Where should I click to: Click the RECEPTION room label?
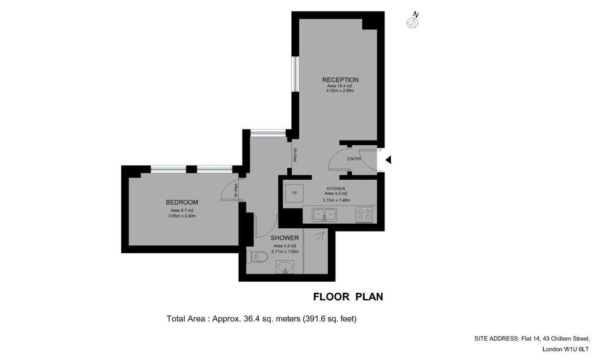(x=340, y=80)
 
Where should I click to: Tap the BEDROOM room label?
(x=182, y=202)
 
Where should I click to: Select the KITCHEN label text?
(x=336, y=188)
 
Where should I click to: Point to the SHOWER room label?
(x=285, y=238)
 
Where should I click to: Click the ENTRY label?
(x=354, y=159)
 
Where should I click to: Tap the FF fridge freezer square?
(x=294, y=193)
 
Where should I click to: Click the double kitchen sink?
(x=324, y=215)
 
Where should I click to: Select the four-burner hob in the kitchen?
(x=364, y=214)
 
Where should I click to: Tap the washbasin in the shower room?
(x=285, y=267)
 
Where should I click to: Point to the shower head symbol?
(x=319, y=236)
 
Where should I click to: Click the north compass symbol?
(x=413, y=20)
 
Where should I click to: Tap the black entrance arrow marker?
(x=388, y=160)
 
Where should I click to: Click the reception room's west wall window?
(x=295, y=74)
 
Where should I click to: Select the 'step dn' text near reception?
(x=295, y=155)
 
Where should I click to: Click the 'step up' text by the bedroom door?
(x=236, y=190)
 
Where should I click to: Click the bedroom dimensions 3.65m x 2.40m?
(x=182, y=216)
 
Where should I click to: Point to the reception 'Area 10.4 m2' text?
(x=340, y=86)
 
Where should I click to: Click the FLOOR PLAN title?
(x=348, y=297)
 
